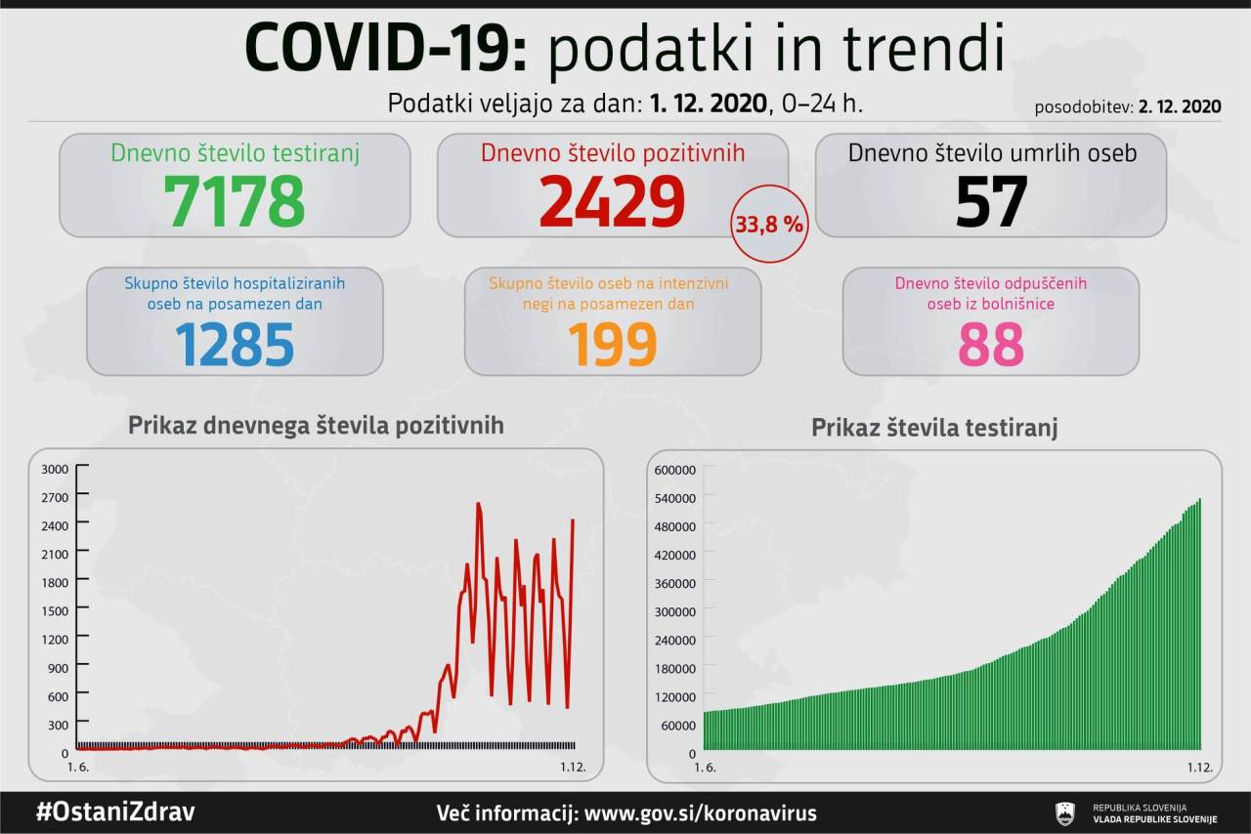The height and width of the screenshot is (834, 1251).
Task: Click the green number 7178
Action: [x=235, y=200]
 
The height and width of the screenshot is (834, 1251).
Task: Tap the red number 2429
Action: [x=612, y=200]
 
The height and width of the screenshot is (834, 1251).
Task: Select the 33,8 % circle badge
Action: [x=770, y=225]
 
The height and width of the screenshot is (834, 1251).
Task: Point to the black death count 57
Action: [x=991, y=200]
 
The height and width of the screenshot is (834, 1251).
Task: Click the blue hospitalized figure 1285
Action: [x=235, y=343]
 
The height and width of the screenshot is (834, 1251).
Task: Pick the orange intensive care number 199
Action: [x=612, y=343]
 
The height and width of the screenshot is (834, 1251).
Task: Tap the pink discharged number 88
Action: [x=991, y=343]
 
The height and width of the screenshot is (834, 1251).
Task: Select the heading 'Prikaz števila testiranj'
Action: [x=934, y=428]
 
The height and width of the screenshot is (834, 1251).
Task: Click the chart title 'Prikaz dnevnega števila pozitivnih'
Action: [x=316, y=426]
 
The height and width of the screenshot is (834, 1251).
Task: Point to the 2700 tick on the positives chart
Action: [x=54, y=497]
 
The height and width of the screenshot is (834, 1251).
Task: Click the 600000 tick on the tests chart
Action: [x=674, y=470]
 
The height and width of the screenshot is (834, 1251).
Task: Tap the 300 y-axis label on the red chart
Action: [x=57, y=725]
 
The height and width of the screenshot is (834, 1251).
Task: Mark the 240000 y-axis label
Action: [x=674, y=640]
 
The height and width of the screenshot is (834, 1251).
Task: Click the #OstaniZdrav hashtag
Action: [x=114, y=813]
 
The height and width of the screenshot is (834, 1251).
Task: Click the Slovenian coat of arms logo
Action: [x=1065, y=813]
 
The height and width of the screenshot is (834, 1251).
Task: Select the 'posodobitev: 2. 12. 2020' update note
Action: [x=1128, y=107]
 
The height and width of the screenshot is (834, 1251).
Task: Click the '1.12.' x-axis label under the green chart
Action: [x=1198, y=768]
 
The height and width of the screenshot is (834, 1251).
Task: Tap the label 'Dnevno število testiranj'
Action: [x=236, y=153]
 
